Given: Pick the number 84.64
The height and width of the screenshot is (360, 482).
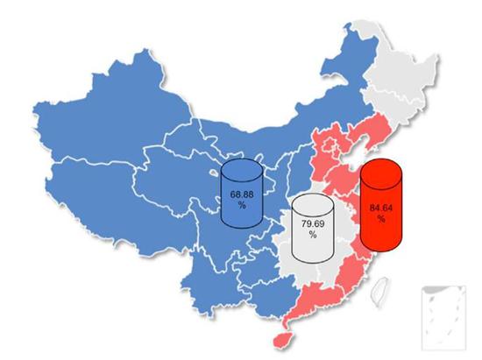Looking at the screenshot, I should (x=381, y=208).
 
